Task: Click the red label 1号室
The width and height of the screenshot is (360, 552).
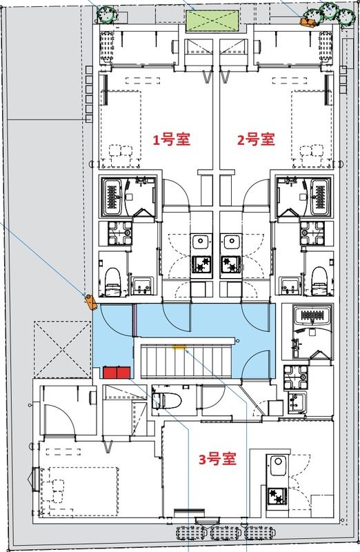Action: [171, 140]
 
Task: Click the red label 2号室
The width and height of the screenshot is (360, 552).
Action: [257, 140]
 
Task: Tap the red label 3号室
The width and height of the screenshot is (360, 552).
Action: [218, 458]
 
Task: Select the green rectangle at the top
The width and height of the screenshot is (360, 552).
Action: [211, 21]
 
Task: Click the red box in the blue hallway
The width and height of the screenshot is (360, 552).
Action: [117, 373]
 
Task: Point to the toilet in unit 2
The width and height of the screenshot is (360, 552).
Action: [318, 278]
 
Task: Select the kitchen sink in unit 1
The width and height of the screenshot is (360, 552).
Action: [201, 242]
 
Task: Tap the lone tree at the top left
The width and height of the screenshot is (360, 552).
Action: [106, 15]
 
